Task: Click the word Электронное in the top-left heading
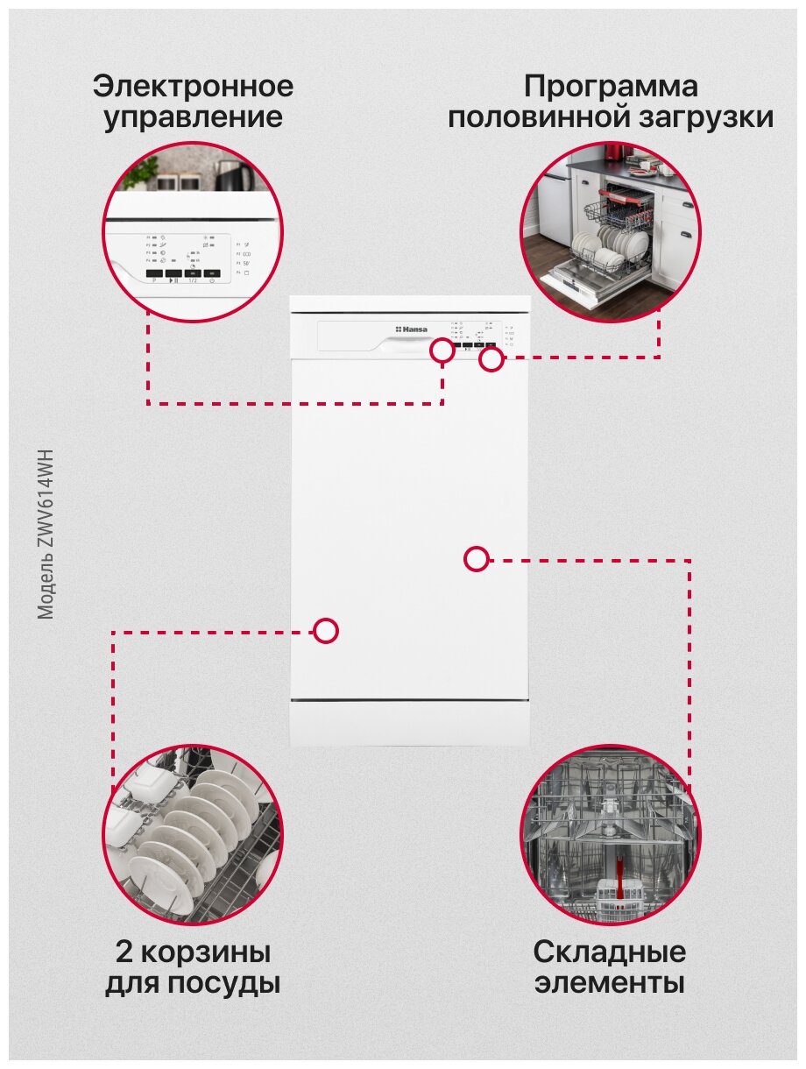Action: [193, 87]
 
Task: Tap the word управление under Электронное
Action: [193, 117]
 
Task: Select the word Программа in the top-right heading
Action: [611, 87]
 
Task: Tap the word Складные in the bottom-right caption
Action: [610, 952]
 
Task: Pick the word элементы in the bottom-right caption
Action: [610, 982]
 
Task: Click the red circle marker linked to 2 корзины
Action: [326, 631]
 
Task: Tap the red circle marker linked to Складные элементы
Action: [476, 558]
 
